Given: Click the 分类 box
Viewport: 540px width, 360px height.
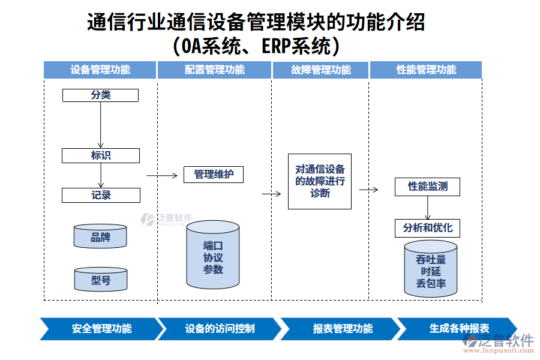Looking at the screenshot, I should point(100,95).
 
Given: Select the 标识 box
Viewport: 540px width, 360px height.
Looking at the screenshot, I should point(100,155).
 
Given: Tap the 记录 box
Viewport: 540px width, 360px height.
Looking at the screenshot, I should point(101,195).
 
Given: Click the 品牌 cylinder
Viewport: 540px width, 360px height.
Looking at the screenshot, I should point(100,237).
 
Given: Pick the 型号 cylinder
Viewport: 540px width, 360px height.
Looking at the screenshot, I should point(100,280).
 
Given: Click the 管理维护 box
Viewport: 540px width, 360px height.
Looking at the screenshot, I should point(213,175).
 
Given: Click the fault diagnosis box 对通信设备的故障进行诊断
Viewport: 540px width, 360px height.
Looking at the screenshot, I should point(319,181).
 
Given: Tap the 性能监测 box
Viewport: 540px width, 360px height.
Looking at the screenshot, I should point(428,187).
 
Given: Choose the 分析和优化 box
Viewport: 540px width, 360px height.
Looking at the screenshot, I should point(428,228).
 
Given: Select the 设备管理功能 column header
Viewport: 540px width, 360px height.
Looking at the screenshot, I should point(100,70).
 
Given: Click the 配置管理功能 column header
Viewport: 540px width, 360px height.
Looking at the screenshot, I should point(214,70).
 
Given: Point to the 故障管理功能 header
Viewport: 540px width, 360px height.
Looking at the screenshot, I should point(320,70).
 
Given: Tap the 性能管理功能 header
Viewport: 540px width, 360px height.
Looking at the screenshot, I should point(426,70).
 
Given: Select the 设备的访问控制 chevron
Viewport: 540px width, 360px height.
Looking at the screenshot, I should point(220,329).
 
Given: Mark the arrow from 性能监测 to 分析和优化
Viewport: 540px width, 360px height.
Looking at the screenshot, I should point(428,208).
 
